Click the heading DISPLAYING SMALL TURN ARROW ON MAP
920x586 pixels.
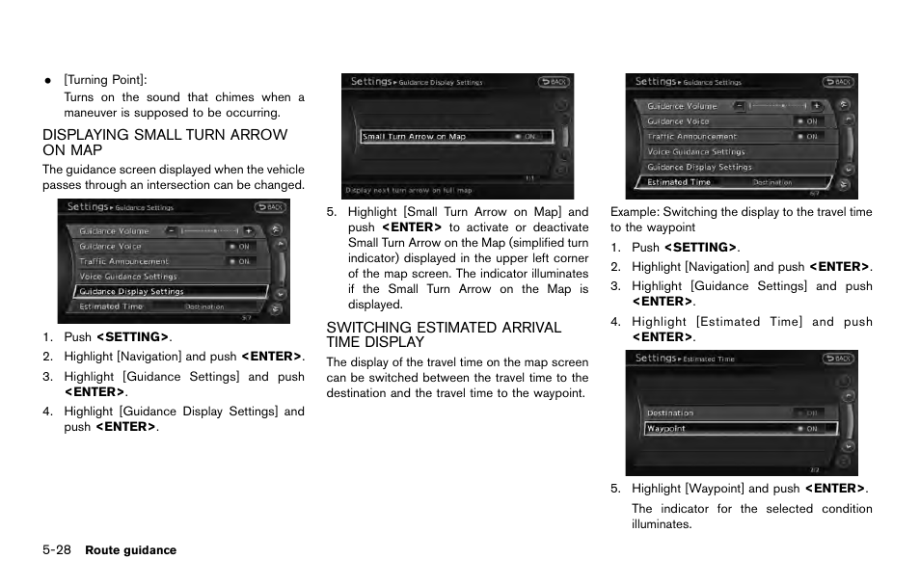coord(164,143)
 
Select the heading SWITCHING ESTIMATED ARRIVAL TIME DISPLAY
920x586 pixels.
coord(444,334)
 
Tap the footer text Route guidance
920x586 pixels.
coord(130,550)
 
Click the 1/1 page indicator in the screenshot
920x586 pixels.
coord(529,178)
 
